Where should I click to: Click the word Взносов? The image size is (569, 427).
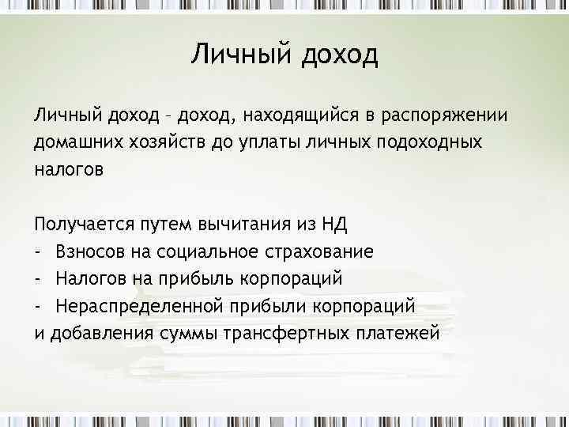89,251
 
